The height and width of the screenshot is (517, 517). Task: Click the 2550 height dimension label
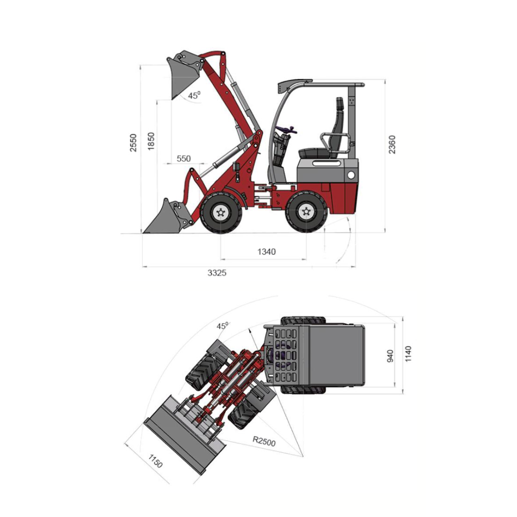[133, 143]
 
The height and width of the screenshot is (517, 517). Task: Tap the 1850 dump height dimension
[151, 141]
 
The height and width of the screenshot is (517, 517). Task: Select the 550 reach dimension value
[184, 158]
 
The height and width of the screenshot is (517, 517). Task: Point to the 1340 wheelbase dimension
[267, 252]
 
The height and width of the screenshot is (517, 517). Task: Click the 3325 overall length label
[217, 273]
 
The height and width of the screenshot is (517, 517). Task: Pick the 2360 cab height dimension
[392, 144]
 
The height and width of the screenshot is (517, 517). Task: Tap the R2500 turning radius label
[264, 441]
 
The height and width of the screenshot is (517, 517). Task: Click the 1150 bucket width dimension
[155, 461]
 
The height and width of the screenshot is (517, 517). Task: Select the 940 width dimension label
[391, 356]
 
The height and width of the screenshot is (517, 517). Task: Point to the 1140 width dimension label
[408, 354]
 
